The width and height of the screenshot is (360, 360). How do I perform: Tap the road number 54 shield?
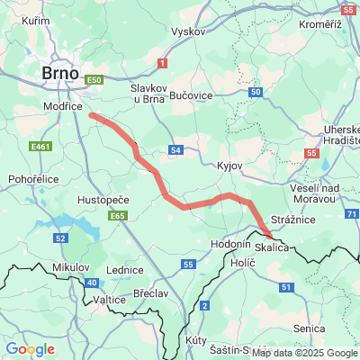pyautogui.click(x=176, y=149)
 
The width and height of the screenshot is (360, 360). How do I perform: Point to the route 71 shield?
pyautogui.click(x=351, y=214)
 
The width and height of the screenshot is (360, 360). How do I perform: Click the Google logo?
pyautogui.click(x=30, y=349)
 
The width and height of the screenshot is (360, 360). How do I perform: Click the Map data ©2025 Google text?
pyautogui.click(x=304, y=353)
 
